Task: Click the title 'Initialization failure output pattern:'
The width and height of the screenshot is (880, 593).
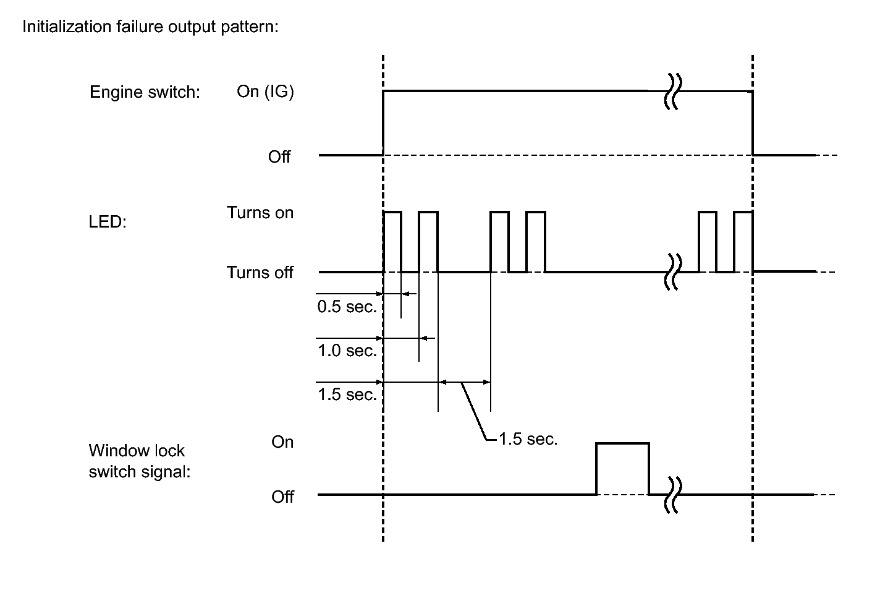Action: tap(150, 27)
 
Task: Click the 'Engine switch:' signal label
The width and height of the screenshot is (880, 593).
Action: tap(145, 92)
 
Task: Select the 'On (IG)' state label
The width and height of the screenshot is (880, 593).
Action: tap(265, 92)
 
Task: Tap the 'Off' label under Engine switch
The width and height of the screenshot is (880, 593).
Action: tap(279, 157)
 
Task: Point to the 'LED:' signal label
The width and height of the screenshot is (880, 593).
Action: tap(108, 221)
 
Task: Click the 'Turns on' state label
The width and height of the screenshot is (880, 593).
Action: tap(260, 213)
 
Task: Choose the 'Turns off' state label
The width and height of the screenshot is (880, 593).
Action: tap(260, 272)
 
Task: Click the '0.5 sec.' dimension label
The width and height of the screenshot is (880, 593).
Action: tap(347, 307)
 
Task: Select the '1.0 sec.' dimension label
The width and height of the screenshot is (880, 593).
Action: tap(347, 351)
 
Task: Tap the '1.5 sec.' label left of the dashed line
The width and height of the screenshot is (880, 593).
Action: tap(347, 395)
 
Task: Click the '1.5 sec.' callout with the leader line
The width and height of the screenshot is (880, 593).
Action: tap(528, 439)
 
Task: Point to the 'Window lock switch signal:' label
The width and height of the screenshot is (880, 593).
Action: tap(140, 461)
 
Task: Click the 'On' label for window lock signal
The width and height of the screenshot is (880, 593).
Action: tap(282, 442)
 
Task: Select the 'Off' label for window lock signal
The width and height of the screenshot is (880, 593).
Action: tap(282, 497)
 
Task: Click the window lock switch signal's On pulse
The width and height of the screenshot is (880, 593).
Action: tap(623, 444)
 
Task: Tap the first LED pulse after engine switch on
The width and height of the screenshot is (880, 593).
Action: tap(392, 212)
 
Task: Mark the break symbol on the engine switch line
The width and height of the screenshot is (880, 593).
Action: tap(673, 92)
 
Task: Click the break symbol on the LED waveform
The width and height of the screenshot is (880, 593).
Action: tap(673, 272)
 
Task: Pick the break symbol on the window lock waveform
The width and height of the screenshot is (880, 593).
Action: tap(673, 495)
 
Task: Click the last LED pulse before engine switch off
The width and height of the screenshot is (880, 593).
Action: tap(743, 212)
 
